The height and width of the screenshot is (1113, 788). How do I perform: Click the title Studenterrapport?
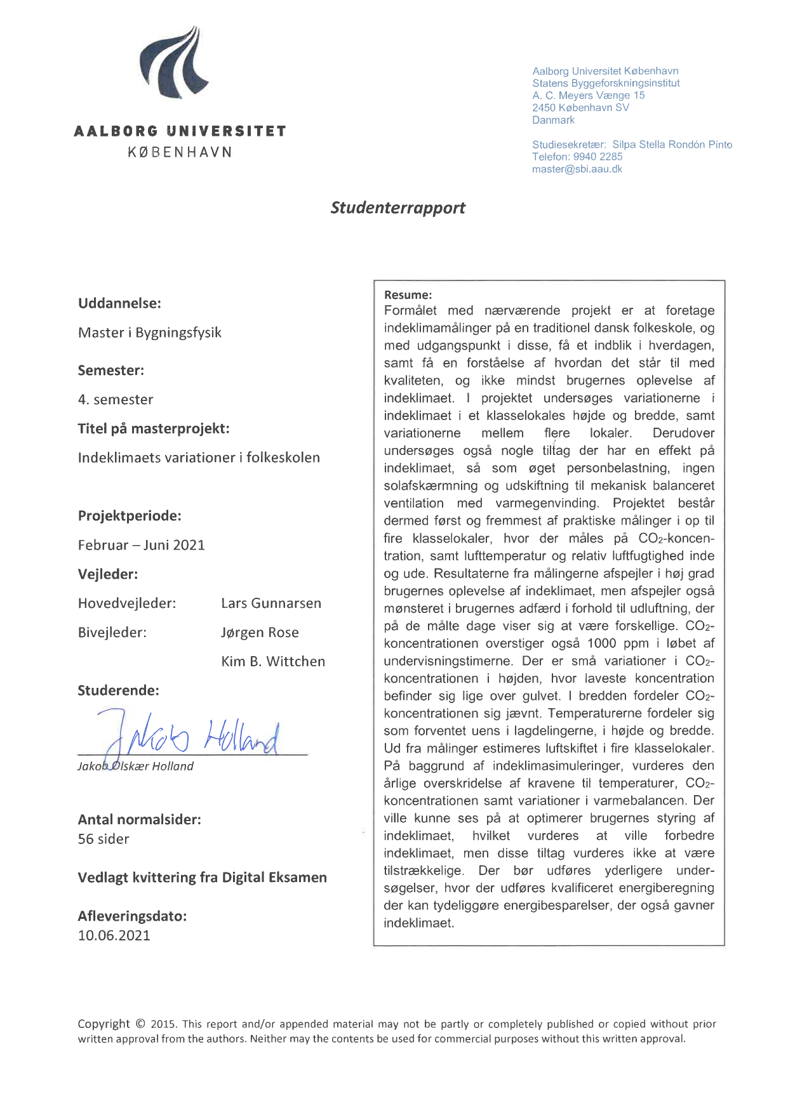(x=397, y=208)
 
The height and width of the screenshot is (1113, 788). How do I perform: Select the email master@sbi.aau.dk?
(x=577, y=169)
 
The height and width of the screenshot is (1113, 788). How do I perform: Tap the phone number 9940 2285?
(x=598, y=157)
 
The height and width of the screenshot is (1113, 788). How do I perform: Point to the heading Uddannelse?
(x=119, y=303)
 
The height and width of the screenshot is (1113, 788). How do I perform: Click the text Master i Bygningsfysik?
(x=149, y=333)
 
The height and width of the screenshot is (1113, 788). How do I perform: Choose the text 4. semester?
(x=116, y=400)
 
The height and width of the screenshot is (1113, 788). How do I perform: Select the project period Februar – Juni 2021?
(x=141, y=545)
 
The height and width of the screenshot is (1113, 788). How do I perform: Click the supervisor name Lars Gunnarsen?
(x=271, y=603)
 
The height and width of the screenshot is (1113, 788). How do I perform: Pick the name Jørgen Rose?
(x=260, y=633)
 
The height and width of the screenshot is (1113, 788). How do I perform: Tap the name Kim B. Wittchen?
(x=273, y=662)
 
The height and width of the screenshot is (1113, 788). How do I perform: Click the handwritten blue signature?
(x=190, y=736)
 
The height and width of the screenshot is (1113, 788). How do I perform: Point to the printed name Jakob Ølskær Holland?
(x=135, y=767)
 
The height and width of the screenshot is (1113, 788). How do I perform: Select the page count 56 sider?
(x=104, y=840)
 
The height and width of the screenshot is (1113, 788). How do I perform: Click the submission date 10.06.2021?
(x=114, y=936)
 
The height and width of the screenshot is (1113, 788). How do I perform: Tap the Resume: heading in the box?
(x=408, y=295)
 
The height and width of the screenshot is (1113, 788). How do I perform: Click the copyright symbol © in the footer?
(x=140, y=1024)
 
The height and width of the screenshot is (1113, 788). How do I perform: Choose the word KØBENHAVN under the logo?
(x=180, y=152)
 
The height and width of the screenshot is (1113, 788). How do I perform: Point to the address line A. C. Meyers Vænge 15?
(x=588, y=96)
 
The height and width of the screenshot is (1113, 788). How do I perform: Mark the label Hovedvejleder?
(x=127, y=603)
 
